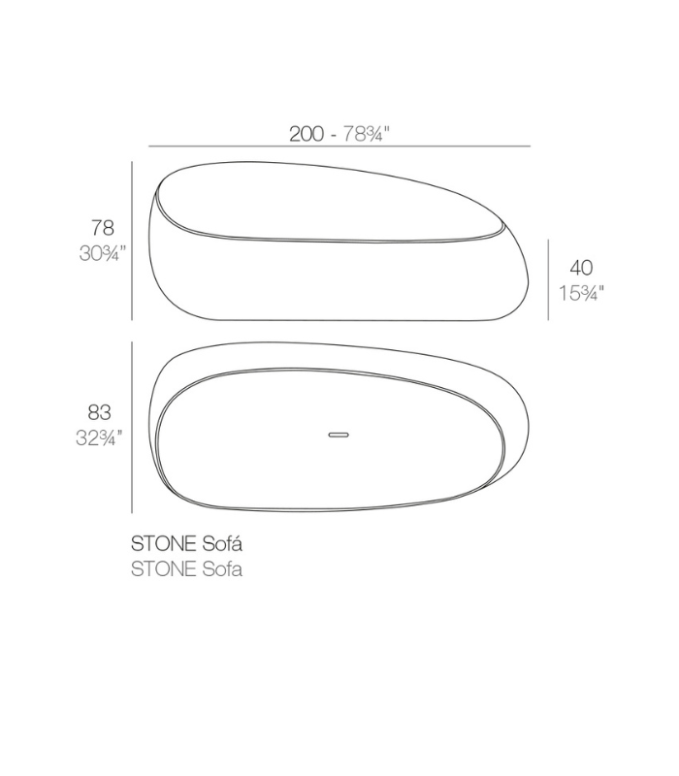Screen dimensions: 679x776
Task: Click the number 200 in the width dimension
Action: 307,134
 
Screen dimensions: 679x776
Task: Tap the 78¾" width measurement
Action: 367,134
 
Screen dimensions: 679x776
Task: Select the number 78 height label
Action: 103,228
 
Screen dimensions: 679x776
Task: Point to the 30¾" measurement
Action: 103,253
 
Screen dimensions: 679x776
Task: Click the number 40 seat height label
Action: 581,268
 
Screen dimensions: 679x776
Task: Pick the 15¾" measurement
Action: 581,293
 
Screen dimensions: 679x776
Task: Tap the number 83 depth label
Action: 99,412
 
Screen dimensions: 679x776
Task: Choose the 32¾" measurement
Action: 99,438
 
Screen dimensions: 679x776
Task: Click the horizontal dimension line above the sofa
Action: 339,146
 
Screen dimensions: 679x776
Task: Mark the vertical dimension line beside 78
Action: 132,241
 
